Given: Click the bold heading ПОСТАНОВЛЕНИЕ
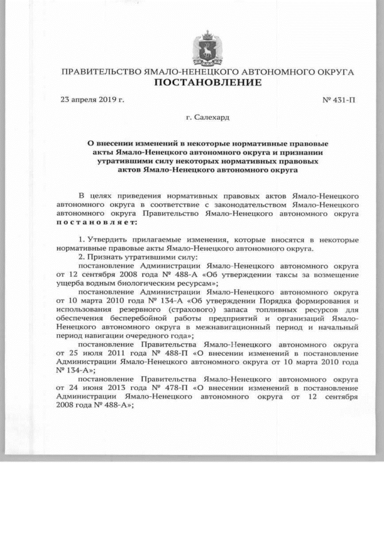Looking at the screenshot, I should (208, 82).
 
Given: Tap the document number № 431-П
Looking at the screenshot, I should (338, 100).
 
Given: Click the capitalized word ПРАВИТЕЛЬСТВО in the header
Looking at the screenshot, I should (101, 72).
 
